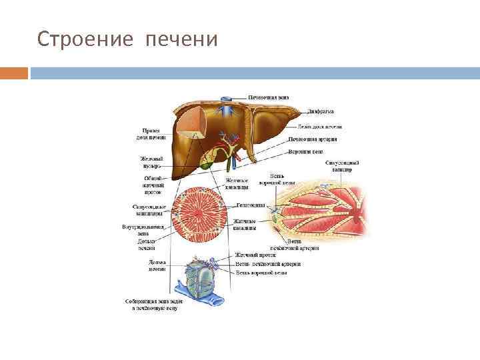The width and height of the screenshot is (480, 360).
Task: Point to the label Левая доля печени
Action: tap(320, 126)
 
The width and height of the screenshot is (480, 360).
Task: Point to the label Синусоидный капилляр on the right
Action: tap(343, 166)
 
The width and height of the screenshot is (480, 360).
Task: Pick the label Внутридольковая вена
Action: tap(143, 230)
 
